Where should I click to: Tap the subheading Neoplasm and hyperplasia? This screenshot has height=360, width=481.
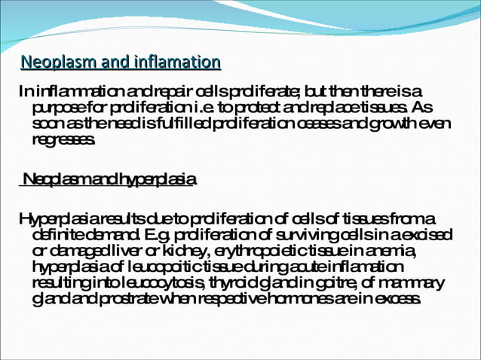pos(109,180)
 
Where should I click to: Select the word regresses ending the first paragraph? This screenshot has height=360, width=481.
pos(64,140)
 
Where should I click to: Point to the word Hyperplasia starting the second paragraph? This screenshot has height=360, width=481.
pos(54,218)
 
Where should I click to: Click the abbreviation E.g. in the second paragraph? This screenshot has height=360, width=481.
pos(144,235)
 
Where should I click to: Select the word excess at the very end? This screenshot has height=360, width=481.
pos(400,299)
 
